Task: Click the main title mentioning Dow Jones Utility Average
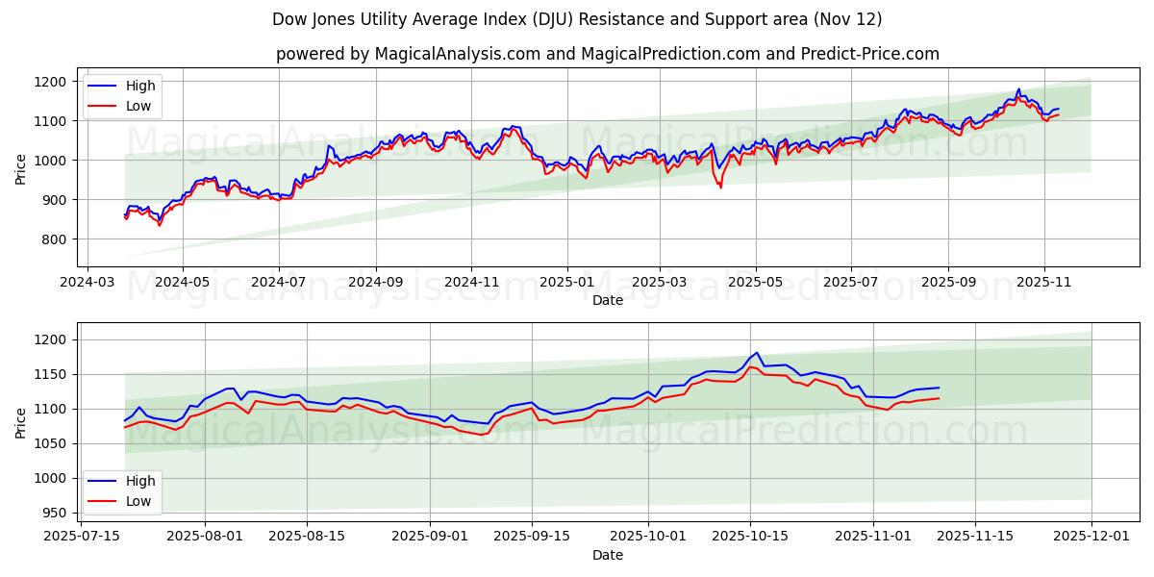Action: pyautogui.click(x=577, y=19)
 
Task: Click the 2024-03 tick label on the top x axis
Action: pyautogui.click(x=88, y=283)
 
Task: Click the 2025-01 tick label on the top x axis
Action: pyautogui.click(x=566, y=283)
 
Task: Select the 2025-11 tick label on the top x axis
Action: pyautogui.click(x=1042, y=283)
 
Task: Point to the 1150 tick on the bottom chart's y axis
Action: pyautogui.click(x=49, y=374)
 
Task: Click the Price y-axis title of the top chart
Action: pyautogui.click(x=21, y=168)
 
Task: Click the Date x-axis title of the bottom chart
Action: pyautogui.click(x=607, y=555)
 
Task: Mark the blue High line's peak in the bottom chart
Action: pyautogui.click(x=757, y=353)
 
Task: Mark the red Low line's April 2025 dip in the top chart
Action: pyautogui.click(x=720, y=187)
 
